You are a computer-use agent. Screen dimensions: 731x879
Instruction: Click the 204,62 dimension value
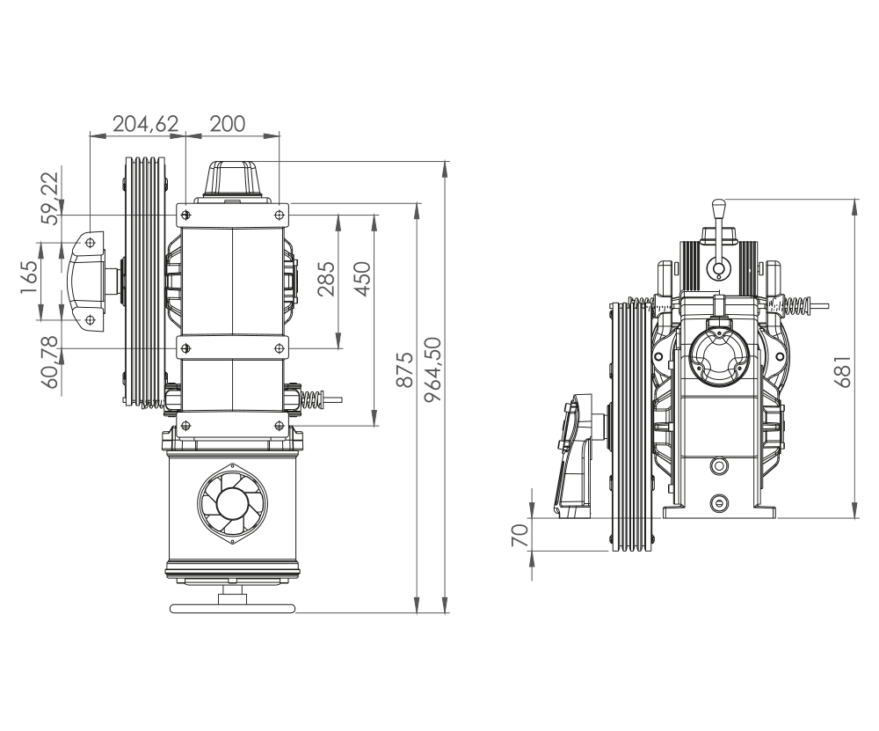147,123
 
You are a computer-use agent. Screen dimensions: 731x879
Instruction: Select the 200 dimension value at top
228,123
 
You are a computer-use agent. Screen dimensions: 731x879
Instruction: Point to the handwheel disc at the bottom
233,608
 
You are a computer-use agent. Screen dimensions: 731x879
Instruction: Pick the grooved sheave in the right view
631,427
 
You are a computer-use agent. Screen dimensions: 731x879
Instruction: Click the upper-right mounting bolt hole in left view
279,215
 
